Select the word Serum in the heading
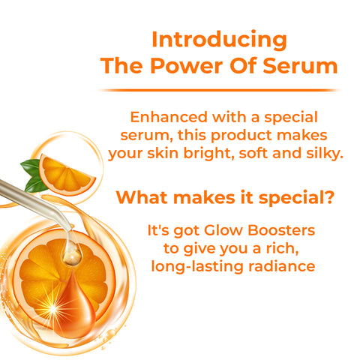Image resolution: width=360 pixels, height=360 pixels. pos(300,65)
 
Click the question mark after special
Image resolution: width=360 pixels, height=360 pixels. pos(329,198)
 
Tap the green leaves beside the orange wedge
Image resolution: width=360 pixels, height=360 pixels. pos(32,174)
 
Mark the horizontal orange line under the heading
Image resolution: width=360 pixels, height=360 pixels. pos(218,89)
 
